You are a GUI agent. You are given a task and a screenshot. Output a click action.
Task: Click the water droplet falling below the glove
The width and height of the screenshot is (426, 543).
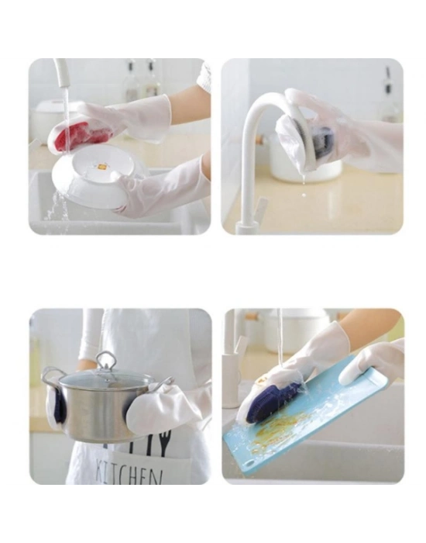tap(304, 195)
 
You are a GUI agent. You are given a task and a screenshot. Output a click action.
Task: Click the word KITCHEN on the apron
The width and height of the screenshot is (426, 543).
tap(129, 471)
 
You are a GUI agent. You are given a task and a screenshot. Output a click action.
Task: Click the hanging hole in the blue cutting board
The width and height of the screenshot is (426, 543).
tap(250, 463)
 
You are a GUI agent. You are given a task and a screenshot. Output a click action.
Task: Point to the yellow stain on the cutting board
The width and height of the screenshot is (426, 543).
tap(277, 430)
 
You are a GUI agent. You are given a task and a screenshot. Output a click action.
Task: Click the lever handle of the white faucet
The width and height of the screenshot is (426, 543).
tap(262, 206)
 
